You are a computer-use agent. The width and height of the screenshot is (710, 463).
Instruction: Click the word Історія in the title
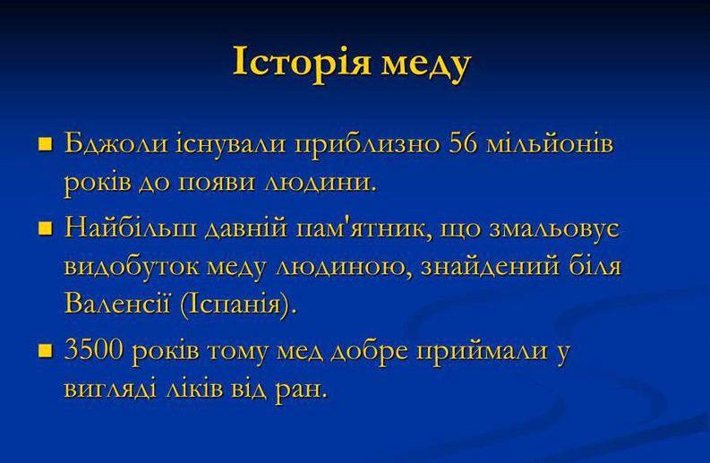302,62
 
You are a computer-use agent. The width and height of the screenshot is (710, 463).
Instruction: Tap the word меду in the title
426,66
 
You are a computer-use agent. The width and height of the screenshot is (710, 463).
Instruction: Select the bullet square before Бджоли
46,144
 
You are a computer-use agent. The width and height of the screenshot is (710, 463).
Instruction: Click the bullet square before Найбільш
46,228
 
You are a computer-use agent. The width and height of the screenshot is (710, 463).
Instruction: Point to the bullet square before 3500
46,351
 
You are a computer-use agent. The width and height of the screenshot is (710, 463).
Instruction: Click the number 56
464,143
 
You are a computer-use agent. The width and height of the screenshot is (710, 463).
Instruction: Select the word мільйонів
550,143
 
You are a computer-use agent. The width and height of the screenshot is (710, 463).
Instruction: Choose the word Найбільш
132,227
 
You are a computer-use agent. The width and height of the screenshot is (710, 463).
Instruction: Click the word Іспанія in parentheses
235,304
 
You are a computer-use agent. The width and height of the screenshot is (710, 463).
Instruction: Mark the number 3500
94,350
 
